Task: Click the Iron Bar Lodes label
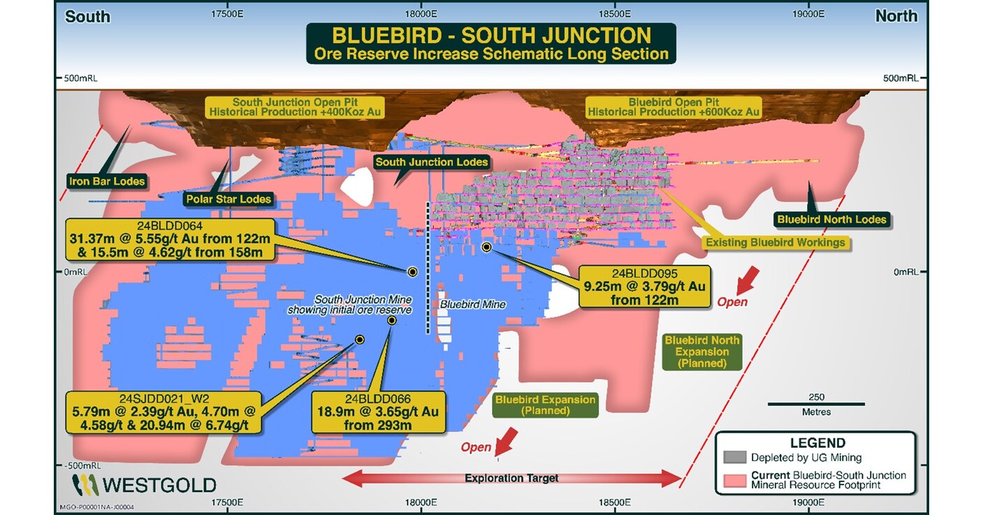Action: (107, 181)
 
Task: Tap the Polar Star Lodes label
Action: (228, 199)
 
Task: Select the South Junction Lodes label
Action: (431, 162)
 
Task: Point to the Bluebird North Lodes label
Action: (831, 219)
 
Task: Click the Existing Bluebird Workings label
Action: (775, 242)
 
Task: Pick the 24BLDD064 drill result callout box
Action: (170, 240)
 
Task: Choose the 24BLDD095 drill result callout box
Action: (644, 286)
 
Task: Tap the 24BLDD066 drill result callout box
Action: (378, 412)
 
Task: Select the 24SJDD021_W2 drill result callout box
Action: (163, 412)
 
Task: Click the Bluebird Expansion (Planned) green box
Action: (545, 405)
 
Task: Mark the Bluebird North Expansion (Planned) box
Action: (701, 351)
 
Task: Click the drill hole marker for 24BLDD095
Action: (486, 247)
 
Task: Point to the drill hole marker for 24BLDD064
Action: (412, 273)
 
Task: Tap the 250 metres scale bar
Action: (816, 404)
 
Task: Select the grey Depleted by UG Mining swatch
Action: (735, 457)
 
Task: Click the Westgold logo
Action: (144, 485)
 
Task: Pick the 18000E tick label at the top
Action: (421, 14)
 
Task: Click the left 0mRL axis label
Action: (75, 273)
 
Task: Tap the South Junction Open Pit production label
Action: (294, 107)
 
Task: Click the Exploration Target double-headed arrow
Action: (511, 478)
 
